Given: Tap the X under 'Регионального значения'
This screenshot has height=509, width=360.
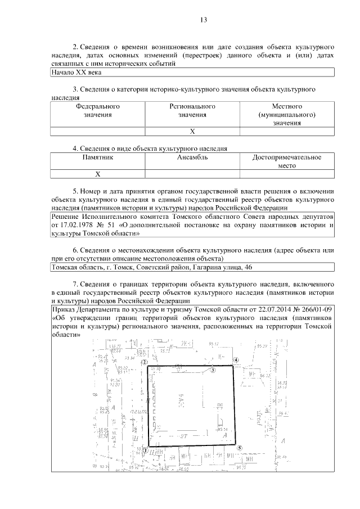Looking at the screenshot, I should (x=192, y=132).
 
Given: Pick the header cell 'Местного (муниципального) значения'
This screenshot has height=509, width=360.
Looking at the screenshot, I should (x=287, y=115).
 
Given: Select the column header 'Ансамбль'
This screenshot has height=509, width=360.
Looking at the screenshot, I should (x=192, y=159).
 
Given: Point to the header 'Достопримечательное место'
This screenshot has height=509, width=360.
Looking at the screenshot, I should (x=287, y=163).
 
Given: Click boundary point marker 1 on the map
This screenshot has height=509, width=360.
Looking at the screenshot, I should (x=145, y=449).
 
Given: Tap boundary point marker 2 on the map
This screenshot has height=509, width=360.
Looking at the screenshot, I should (x=145, y=363).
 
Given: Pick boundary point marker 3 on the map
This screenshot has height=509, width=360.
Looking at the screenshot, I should (x=213, y=370).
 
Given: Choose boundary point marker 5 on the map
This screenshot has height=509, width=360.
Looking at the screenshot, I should (x=240, y=448).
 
